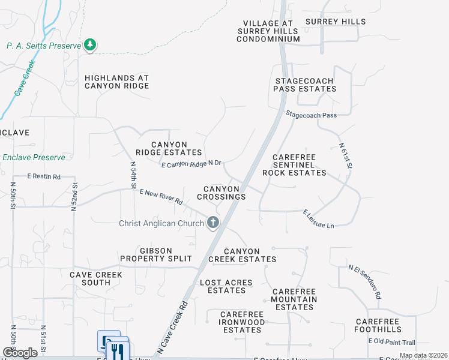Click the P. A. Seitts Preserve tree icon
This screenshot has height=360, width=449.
(90, 44)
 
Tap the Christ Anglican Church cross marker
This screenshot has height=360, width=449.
(212, 223)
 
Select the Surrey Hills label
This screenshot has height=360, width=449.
(336, 22)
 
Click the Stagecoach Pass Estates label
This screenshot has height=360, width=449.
(305, 85)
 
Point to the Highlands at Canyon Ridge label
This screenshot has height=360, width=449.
(116, 82)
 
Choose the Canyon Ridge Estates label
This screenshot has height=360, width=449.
(169, 148)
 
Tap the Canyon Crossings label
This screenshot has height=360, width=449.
(221, 193)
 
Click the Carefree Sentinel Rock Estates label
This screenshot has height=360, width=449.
(294, 165)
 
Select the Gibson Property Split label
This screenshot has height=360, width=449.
(156, 254)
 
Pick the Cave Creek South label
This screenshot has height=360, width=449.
(95, 278)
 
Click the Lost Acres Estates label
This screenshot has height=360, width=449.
(226, 286)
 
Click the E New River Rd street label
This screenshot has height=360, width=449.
(161, 196)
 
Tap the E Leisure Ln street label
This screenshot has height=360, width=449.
(318, 219)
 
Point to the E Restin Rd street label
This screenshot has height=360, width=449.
(44, 176)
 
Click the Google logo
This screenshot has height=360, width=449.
(20, 352)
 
